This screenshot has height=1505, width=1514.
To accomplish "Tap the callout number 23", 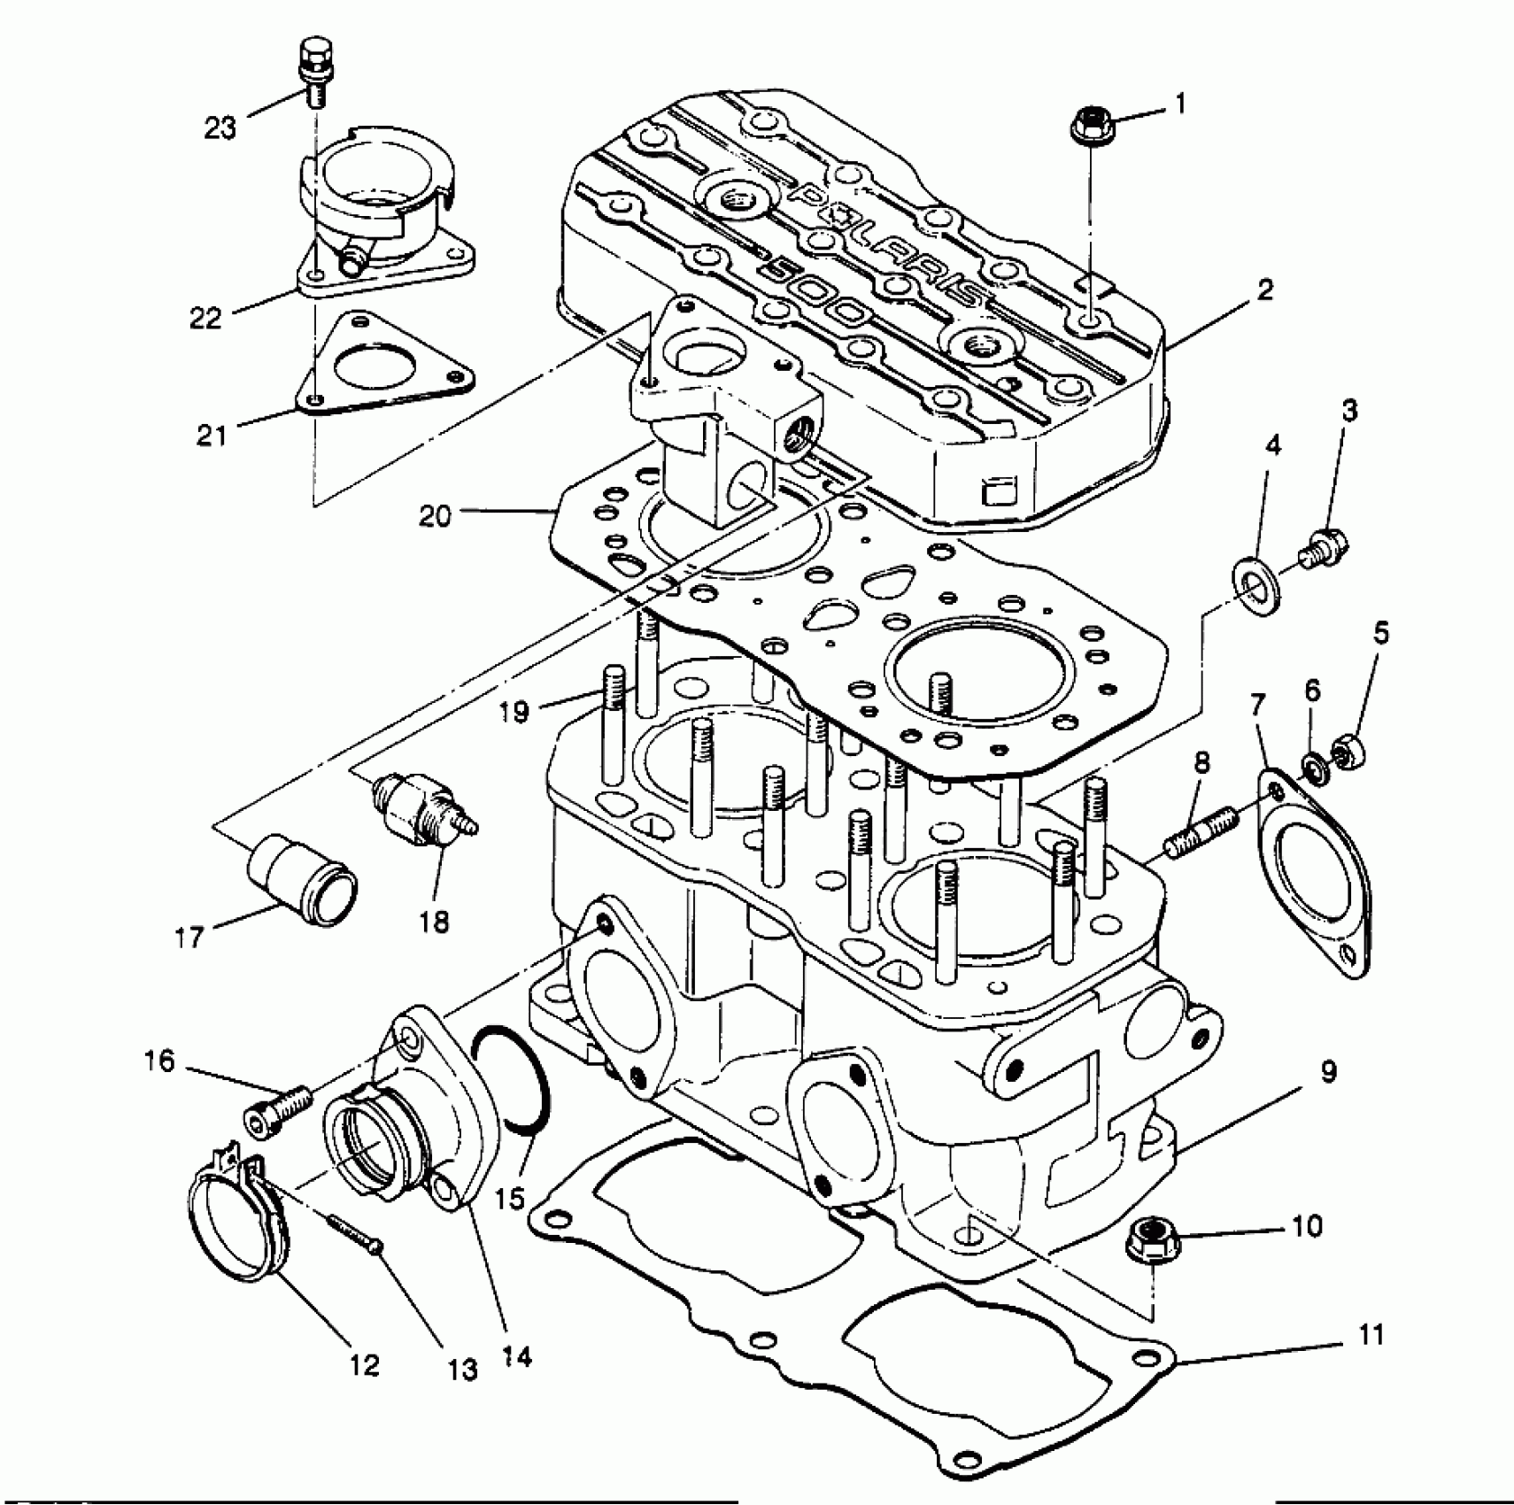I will pyautogui.click(x=220, y=129).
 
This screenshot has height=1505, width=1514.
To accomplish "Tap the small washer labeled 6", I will pyautogui.click(x=1313, y=767).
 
